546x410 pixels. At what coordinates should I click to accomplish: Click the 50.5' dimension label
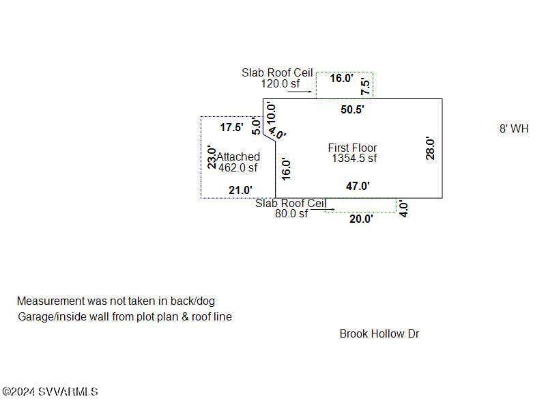(352, 109)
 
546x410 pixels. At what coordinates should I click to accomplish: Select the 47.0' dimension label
(358, 186)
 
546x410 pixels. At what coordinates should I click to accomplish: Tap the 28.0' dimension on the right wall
(431, 148)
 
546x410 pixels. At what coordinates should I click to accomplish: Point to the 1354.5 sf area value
(354, 159)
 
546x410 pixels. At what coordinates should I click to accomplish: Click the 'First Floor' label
(352, 148)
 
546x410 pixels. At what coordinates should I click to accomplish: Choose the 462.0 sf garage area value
(238, 167)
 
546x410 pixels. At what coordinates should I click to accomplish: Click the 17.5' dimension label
(231, 127)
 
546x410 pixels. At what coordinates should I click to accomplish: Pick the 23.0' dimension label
(212, 158)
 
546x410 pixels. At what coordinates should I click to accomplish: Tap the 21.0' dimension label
(240, 190)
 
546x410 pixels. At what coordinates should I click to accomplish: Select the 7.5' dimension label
(365, 87)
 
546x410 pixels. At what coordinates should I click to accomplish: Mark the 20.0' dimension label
(361, 219)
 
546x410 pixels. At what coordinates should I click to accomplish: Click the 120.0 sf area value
(281, 83)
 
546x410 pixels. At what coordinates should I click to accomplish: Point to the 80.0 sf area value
(291, 213)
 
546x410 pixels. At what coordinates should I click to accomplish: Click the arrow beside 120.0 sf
(300, 92)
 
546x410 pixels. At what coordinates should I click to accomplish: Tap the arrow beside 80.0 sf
(323, 210)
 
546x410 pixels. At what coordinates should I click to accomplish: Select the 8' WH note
(514, 128)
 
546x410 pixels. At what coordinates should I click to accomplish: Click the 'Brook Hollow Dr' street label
(379, 333)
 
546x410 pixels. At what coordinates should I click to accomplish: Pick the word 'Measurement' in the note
(51, 301)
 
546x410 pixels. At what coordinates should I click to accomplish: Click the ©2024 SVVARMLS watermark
(50, 392)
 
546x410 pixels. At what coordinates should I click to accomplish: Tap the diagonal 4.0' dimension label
(278, 133)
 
